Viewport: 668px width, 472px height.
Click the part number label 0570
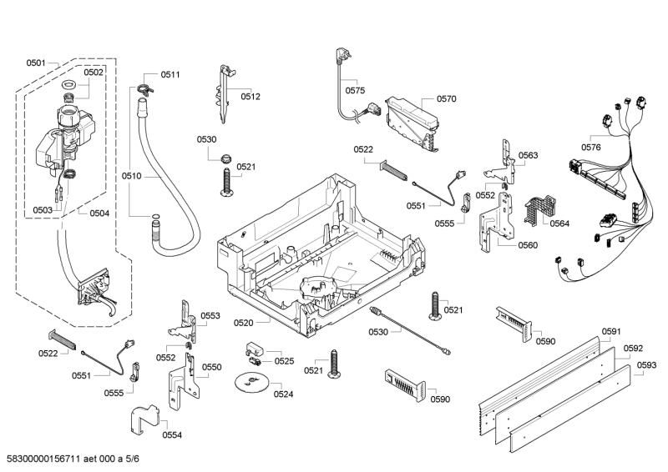click(x=446, y=98)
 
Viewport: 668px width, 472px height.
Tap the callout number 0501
click(x=36, y=63)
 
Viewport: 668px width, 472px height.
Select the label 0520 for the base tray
click(x=244, y=322)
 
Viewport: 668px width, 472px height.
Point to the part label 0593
click(x=645, y=365)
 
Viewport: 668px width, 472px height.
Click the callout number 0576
click(x=591, y=148)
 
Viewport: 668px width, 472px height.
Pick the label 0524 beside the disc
click(x=283, y=394)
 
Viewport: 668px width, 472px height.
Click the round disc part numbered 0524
click(x=250, y=383)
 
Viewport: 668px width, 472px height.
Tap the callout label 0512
click(x=251, y=97)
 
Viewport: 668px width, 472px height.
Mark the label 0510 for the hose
click(x=131, y=176)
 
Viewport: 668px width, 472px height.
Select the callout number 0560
click(x=528, y=245)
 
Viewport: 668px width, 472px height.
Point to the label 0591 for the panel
click(x=611, y=331)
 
